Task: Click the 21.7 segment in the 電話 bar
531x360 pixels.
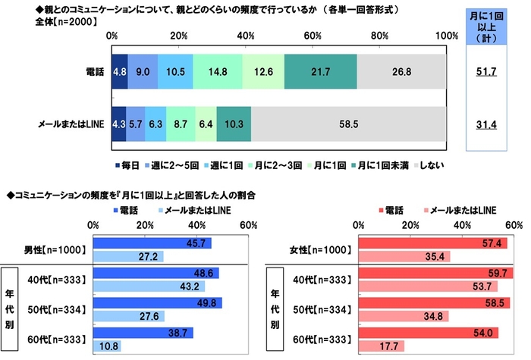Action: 321,73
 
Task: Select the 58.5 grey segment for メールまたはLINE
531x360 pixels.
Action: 349,121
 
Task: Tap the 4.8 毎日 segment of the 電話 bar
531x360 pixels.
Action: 120,73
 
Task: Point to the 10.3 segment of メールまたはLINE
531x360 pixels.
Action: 234,121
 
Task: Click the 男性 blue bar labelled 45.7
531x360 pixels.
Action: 151,243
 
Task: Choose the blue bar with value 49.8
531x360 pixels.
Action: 156,303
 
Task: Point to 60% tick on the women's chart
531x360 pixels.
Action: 511,224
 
